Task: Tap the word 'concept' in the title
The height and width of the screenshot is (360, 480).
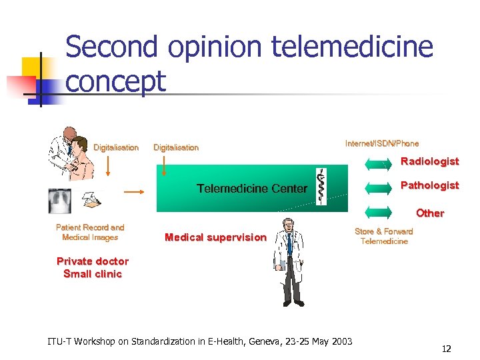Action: (116, 82)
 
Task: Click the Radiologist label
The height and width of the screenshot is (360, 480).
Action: (429, 161)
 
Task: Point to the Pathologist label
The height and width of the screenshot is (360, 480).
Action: (429, 185)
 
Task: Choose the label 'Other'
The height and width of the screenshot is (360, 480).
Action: (430, 213)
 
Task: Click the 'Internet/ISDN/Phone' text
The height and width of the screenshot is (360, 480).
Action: (382, 143)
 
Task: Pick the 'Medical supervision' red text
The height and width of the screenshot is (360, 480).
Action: (215, 237)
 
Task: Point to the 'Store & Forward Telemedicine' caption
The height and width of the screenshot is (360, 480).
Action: (384, 236)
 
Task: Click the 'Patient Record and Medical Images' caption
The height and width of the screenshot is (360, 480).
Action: (90, 233)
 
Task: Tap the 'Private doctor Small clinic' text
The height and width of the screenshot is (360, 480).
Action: (93, 267)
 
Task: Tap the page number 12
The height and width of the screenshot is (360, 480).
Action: (446, 349)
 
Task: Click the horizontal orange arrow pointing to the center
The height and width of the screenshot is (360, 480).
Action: (135, 191)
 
